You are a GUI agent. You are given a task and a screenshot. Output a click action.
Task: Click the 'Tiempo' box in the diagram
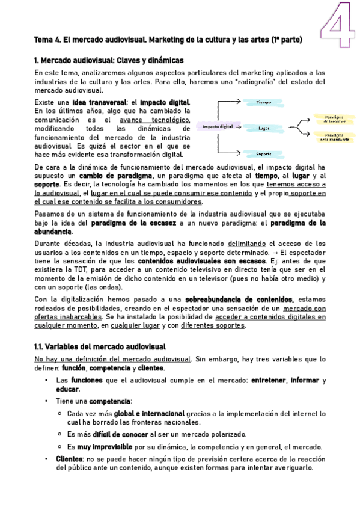click(264, 102)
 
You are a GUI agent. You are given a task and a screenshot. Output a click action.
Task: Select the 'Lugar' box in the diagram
click(263, 128)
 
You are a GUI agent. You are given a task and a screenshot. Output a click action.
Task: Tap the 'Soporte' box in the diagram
click(263, 153)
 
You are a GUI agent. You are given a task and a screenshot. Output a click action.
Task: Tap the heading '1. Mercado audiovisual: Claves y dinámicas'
click(109, 60)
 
